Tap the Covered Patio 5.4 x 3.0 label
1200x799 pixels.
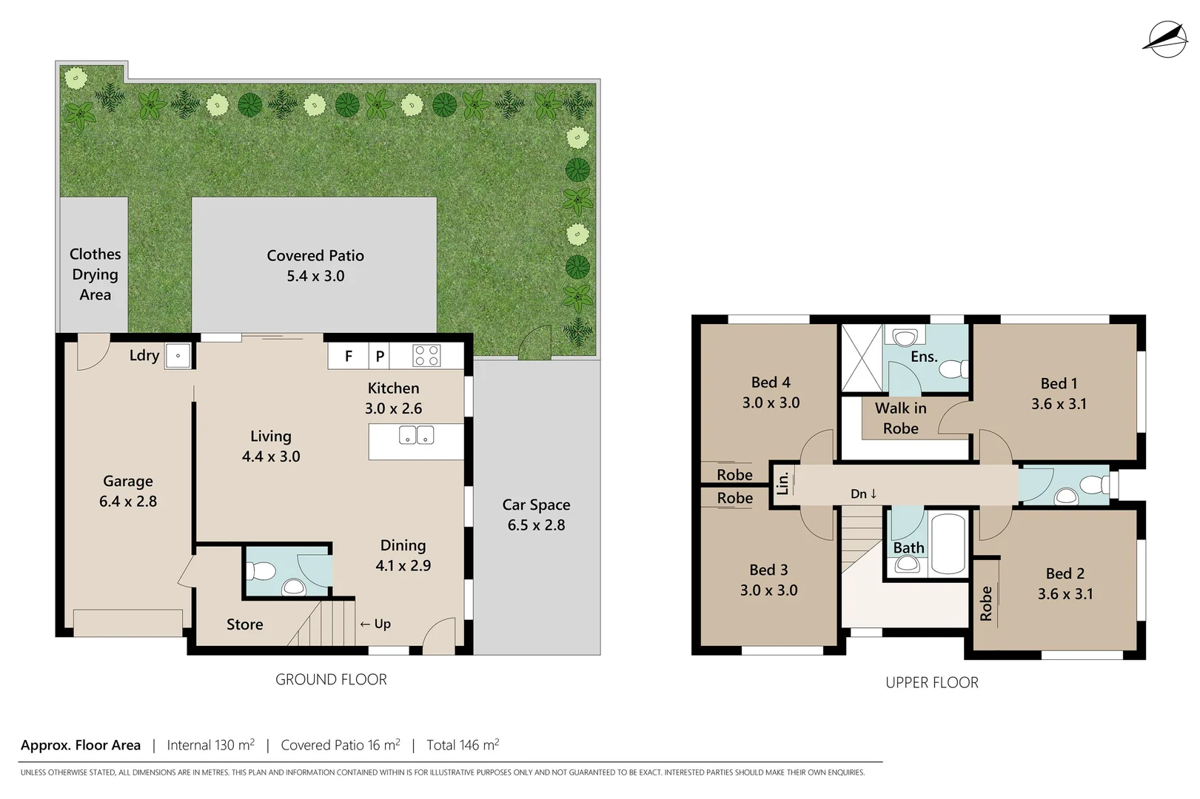tap(315, 266)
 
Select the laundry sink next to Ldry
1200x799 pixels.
tap(178, 355)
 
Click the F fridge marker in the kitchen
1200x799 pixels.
tap(349, 357)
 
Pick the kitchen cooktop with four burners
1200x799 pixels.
tap(426, 356)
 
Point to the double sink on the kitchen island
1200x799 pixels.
tap(416, 435)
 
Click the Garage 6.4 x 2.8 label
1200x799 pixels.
tap(128, 491)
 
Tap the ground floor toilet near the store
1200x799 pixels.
tap(261, 571)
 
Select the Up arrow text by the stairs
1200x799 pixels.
tap(375, 624)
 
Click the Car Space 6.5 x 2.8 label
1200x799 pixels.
tap(536, 515)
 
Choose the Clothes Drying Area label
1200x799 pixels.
tap(95, 274)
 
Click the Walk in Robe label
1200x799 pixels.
tap(900, 418)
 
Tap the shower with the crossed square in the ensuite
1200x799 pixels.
tap(862, 357)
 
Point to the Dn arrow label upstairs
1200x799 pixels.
tap(864, 493)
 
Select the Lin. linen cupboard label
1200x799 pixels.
tap(782, 484)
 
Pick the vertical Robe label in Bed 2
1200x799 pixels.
tap(986, 603)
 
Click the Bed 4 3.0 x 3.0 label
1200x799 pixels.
tap(771, 392)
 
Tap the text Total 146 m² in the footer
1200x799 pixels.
tap(463, 745)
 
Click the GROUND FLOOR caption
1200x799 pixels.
tap(331, 679)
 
